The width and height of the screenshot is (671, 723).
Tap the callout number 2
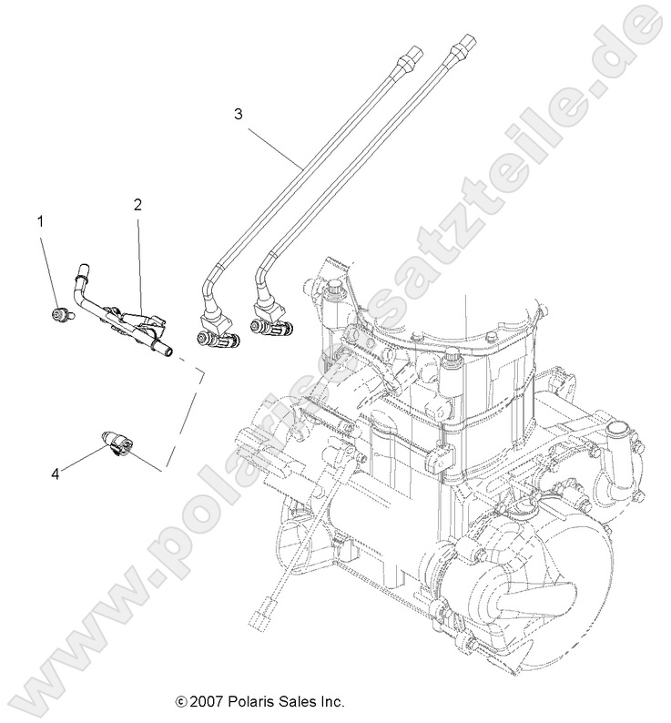[x=137, y=206]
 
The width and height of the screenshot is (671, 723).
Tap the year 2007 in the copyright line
[x=205, y=702]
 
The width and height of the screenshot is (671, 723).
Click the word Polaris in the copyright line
[x=249, y=702]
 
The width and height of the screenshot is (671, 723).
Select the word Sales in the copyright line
[x=296, y=702]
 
